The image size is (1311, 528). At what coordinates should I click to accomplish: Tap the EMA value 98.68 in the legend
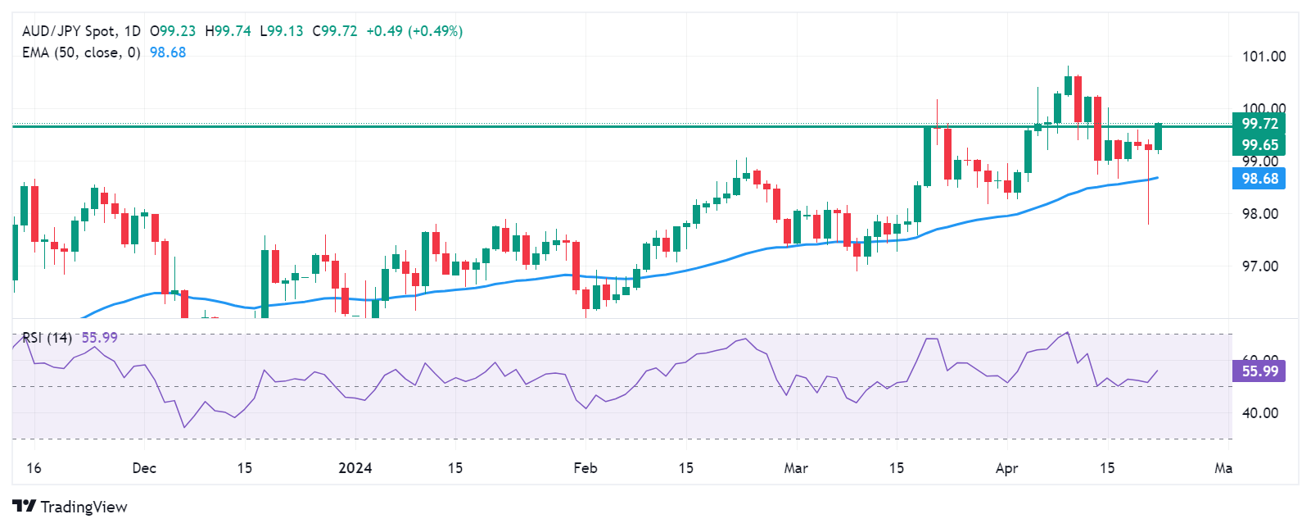(168, 52)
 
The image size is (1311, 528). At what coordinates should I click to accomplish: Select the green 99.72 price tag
(1259, 124)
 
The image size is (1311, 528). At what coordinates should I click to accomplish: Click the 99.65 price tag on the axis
(1259, 145)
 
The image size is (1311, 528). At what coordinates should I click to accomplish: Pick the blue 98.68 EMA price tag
(1259, 179)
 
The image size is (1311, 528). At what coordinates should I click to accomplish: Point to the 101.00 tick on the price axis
(1264, 57)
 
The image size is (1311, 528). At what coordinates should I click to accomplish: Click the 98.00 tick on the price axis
(1259, 214)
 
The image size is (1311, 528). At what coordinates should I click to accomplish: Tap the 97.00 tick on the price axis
(1259, 266)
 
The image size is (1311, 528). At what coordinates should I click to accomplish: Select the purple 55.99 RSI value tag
(1259, 371)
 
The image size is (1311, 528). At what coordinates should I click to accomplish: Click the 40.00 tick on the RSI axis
(1259, 413)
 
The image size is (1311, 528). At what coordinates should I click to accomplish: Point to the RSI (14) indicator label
(47, 338)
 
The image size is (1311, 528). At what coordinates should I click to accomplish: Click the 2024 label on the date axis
(355, 468)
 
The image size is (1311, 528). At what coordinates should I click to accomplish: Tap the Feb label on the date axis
(585, 468)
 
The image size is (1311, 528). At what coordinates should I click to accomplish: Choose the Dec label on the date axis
(144, 468)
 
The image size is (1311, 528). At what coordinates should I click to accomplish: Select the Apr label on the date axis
(1006, 468)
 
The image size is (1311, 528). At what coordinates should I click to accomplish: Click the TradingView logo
(70, 507)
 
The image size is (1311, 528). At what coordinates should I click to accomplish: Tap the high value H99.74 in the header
(228, 31)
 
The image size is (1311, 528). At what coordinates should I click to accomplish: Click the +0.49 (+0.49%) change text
(414, 31)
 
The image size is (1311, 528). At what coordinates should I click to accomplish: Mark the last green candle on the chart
(1159, 137)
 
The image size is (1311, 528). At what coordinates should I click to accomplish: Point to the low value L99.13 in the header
(281, 31)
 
